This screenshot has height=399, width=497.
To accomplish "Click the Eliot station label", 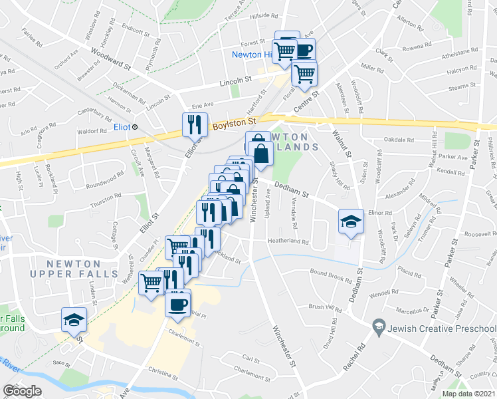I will [121, 126].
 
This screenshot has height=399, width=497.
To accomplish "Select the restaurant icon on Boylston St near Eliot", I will [191, 124].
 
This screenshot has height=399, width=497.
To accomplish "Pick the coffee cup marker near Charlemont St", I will [177, 304].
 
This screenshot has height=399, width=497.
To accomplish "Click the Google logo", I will [22, 391].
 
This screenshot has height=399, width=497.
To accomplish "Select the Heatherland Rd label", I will [288, 241].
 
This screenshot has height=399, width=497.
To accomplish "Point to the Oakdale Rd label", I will [399, 140].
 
